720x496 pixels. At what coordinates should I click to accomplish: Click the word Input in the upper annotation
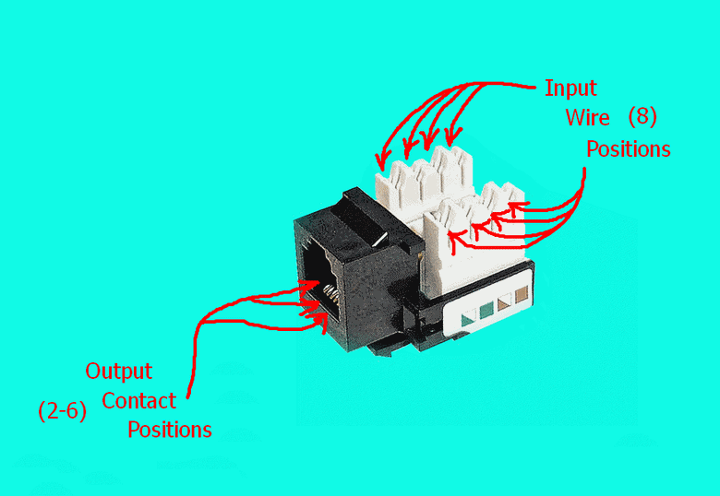coord(570,89)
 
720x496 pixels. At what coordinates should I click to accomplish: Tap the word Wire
coord(588,118)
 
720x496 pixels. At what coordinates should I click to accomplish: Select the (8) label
coord(642,117)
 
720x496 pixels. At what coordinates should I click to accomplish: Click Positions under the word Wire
coord(629,149)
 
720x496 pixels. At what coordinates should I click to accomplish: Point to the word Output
coord(119,372)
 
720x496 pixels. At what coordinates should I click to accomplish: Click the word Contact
coord(138,401)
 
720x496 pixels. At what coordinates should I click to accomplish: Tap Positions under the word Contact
coord(169,430)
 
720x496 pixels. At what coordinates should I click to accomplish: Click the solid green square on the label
coord(486,310)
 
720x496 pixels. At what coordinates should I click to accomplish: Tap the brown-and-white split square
coord(504,303)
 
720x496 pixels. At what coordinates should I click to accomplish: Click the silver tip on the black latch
coord(378,240)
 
